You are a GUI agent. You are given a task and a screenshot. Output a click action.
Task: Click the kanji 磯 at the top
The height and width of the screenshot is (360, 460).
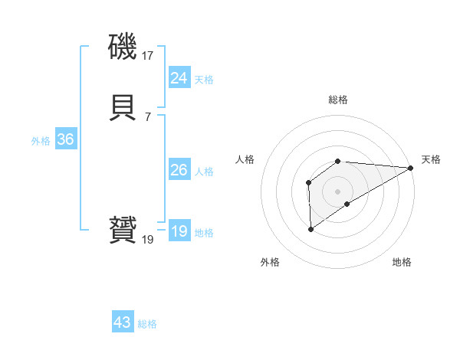point(123,48)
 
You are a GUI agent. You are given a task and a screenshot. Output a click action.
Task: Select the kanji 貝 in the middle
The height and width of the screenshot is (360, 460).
point(123,109)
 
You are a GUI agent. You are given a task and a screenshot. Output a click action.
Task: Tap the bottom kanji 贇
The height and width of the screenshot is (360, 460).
point(123,231)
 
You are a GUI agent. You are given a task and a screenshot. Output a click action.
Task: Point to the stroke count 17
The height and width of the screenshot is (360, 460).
point(148,56)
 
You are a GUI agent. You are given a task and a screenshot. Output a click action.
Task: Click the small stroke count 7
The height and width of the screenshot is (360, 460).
point(147,116)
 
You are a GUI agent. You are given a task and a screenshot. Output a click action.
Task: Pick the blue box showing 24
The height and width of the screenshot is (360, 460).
point(179,78)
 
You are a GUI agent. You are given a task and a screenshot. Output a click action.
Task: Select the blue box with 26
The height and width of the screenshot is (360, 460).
point(179,170)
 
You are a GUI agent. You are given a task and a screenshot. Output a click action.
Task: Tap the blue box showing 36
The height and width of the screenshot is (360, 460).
point(65,140)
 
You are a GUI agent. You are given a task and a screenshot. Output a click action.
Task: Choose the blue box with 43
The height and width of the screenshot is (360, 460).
point(122,322)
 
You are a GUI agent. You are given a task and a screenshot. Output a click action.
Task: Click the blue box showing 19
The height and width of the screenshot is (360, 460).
point(179,231)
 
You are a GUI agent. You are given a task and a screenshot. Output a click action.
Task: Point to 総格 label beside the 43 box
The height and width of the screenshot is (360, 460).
point(147,324)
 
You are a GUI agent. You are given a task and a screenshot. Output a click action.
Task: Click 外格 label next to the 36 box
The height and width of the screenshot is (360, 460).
point(41,141)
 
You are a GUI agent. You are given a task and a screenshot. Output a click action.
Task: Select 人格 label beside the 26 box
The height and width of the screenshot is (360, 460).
point(205,172)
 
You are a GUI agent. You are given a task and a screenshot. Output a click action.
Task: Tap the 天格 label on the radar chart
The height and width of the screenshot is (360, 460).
point(431,159)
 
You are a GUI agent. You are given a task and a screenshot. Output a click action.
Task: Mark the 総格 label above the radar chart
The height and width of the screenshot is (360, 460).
point(337,100)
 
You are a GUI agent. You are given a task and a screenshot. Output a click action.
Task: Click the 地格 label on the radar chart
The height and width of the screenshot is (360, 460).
point(402,262)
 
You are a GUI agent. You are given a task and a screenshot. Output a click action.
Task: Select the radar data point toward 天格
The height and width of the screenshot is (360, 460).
point(411,168)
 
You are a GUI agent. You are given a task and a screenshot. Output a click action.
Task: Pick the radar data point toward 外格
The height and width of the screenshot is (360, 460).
point(310,228)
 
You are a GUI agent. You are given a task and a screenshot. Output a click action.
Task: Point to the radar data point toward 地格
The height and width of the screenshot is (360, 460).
point(347,204)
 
